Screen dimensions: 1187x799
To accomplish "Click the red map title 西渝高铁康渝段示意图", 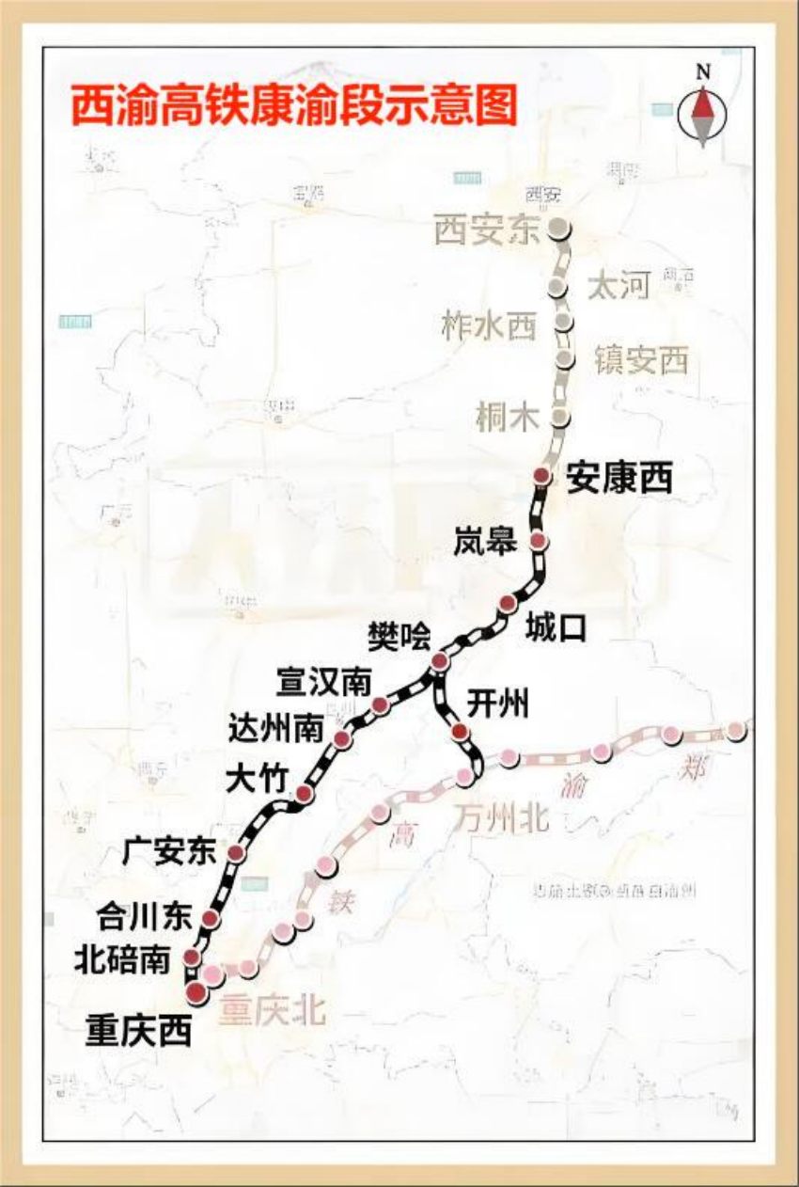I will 294,105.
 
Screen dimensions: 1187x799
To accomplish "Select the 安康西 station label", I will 619,480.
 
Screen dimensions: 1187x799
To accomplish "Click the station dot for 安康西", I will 541,475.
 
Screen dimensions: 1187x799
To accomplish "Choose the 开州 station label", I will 497,704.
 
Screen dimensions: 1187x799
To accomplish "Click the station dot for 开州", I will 459,732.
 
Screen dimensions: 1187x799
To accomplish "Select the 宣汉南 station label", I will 323,683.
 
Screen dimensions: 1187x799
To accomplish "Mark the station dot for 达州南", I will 342,739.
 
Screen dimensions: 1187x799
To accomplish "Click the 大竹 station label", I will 254,781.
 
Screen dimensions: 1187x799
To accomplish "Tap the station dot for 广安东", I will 236,853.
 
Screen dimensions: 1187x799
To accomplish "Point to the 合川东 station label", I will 144,914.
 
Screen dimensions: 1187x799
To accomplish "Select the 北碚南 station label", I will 123,960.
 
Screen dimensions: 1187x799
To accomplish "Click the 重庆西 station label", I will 138,1030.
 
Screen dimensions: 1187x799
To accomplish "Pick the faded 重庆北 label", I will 273,1011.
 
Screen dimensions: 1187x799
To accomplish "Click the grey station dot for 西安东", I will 559,227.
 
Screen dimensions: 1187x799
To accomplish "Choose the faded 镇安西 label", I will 641,360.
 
